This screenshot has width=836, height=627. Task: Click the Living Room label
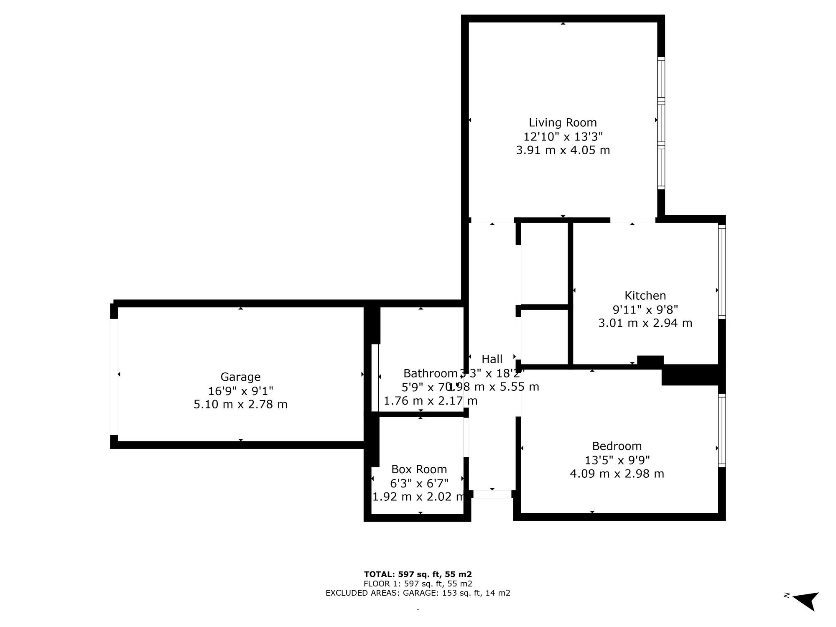tap(563, 122)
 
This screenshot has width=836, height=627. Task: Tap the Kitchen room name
tap(645, 296)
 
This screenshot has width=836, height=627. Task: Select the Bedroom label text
tap(617, 446)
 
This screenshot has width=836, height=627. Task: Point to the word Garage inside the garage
tap(240, 377)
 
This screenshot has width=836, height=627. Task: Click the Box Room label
tap(419, 469)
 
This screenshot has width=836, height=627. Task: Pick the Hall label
tap(492, 359)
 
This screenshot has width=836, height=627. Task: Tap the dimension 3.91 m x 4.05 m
tap(563, 150)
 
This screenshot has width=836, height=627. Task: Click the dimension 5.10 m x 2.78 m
tap(240, 405)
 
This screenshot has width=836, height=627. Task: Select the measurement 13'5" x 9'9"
tap(617, 460)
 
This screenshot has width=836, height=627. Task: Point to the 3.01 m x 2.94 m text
tap(645, 323)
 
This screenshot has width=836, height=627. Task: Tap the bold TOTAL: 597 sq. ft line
tap(418, 574)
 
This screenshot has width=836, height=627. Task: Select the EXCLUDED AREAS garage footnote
tap(418, 593)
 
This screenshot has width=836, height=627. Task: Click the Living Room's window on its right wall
tap(661, 123)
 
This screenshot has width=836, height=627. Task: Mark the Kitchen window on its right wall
tap(722, 272)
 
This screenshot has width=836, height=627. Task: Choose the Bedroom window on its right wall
tap(722, 430)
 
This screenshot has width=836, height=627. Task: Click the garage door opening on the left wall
tap(114, 377)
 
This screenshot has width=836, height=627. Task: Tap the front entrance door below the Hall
tap(492, 494)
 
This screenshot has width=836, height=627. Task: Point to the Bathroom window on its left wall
tap(375, 378)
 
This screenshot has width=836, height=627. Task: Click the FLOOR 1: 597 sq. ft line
tap(418, 584)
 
